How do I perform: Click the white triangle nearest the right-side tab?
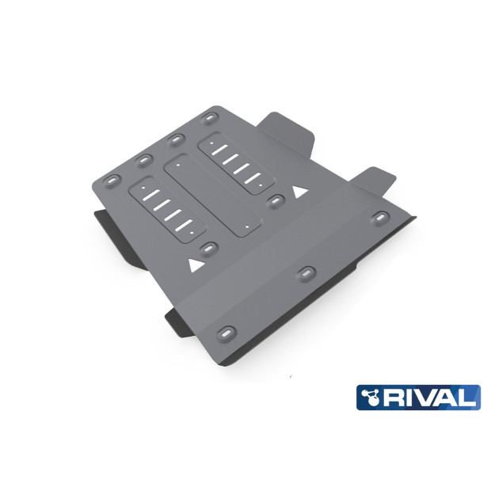click(299, 192)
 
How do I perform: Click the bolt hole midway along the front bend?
click(304, 273)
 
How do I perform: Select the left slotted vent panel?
click(166, 207)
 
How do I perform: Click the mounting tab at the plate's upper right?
click(287, 131)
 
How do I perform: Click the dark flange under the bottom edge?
click(178, 320)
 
